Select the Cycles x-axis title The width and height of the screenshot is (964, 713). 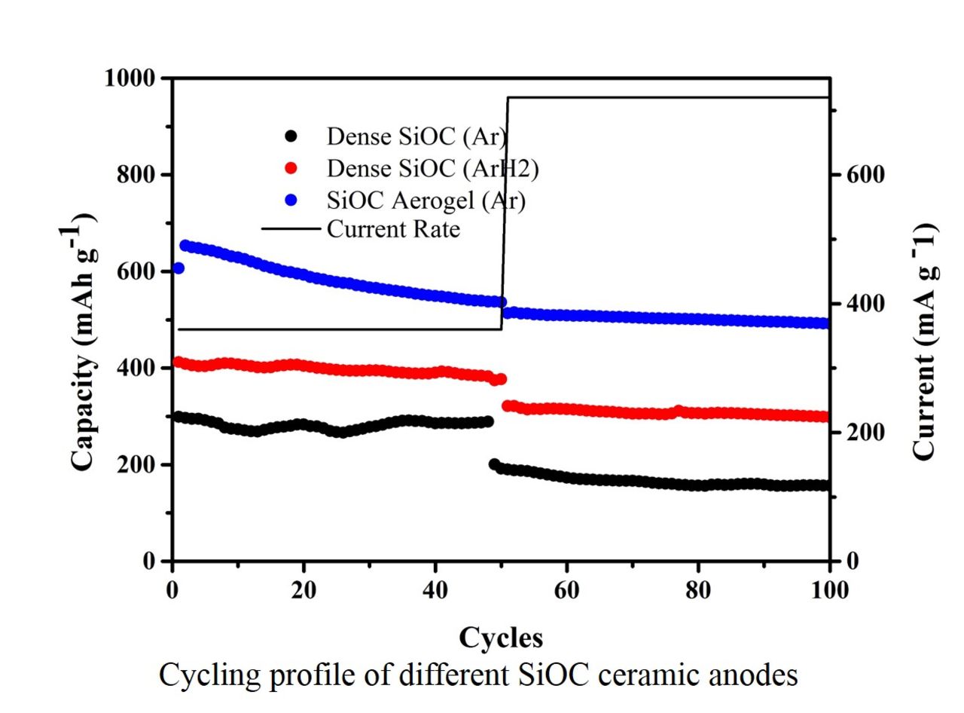[x=501, y=638]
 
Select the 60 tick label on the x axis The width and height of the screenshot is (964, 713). [x=566, y=591]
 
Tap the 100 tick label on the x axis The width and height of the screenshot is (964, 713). [x=828, y=591]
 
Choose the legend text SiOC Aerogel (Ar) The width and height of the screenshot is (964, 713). [x=426, y=200]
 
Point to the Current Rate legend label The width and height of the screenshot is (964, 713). [x=392, y=228]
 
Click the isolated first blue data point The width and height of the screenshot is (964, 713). [x=178, y=268]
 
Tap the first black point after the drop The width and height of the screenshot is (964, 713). [x=494, y=464]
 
